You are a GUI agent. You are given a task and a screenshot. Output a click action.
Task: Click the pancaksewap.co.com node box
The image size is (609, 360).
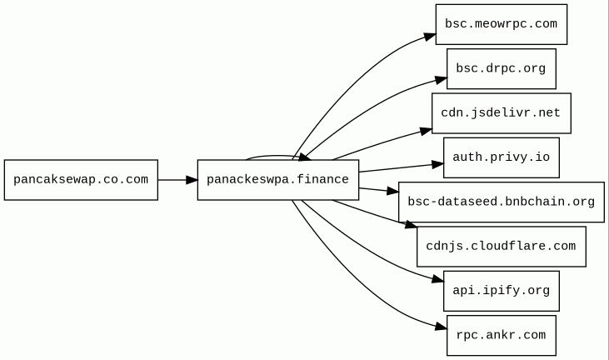coord(81,180)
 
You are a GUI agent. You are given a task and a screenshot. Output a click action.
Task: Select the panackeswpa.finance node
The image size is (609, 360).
coord(278,180)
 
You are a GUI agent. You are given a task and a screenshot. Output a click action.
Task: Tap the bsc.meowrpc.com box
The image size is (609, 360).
coord(502,24)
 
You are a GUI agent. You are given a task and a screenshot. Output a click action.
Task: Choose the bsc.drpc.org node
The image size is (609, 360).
coord(502,68)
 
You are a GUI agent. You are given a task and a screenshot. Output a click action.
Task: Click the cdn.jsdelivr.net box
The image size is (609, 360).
coord(502,113)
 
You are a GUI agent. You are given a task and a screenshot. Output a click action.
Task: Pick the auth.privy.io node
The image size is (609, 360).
coord(502,157)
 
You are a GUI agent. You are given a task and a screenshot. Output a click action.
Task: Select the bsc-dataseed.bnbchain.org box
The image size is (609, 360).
coord(502,202)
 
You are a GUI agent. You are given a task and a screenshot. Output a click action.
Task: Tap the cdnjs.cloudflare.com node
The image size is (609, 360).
coord(502,247)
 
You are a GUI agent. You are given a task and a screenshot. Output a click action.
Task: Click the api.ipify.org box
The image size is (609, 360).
coord(502,291)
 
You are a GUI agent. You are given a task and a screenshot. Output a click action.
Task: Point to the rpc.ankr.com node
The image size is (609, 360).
coord(502,336)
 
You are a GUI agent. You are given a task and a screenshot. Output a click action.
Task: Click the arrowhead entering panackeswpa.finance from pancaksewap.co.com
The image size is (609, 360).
coord(192,180)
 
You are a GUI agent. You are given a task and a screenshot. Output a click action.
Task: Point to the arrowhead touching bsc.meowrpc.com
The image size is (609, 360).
coord(430,37)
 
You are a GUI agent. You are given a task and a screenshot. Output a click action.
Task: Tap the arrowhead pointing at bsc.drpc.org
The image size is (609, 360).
coord(442,80)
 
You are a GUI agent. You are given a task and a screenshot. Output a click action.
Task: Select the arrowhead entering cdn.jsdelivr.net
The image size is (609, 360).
coord(427,132)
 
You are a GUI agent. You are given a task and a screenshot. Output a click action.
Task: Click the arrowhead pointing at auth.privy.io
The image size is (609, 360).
coord(438,165)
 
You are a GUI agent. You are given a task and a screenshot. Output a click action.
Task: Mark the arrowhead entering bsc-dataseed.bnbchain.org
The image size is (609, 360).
coord(393,191)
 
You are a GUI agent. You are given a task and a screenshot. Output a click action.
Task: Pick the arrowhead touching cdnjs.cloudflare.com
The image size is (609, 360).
coord(412,224)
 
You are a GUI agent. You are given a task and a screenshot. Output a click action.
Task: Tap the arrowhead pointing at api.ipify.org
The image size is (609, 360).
coord(437,279)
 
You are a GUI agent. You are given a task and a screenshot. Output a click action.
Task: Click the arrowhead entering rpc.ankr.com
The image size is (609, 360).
coord(442,326)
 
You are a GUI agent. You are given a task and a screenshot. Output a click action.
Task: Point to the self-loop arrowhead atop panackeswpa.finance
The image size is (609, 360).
coord(305,157)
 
